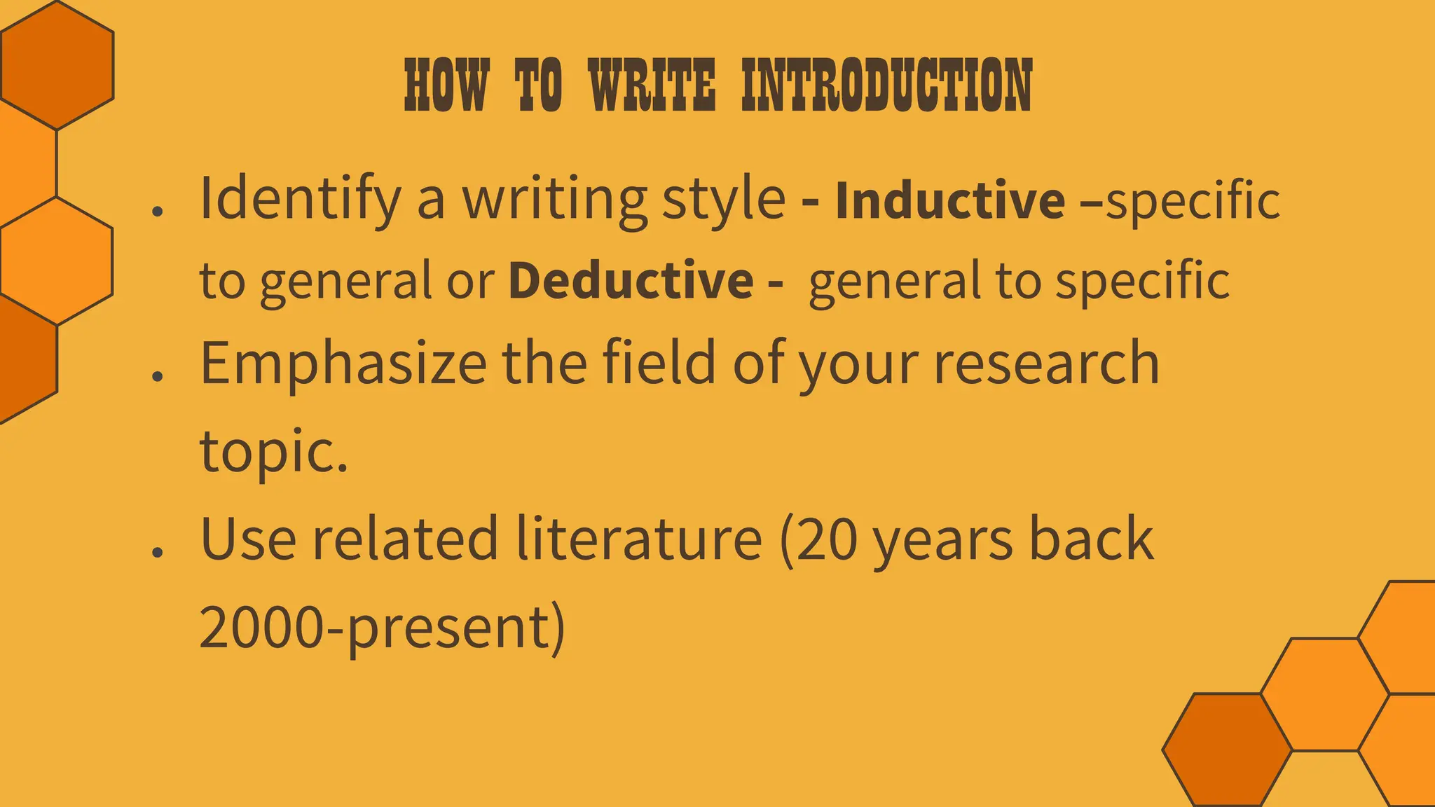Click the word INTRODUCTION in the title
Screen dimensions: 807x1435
tap(886, 85)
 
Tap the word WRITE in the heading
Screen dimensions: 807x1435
tap(652, 85)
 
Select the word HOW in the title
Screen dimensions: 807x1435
tap(446, 85)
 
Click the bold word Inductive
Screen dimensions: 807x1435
tap(950, 200)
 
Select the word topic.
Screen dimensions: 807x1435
tap(273, 450)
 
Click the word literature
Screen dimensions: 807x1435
tap(638, 539)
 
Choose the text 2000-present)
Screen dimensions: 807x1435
tap(382, 627)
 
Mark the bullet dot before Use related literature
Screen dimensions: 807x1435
tap(157, 552)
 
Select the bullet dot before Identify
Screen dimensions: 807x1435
tap(157, 211)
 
